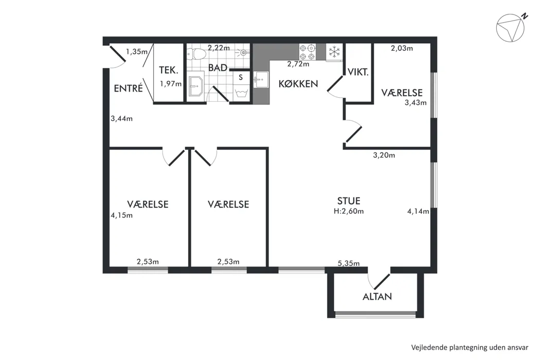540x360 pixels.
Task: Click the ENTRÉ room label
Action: coord(128,88)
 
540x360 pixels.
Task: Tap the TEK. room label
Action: coord(169,70)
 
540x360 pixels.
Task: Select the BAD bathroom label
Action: coord(218,67)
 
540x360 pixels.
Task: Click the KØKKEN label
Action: coord(298,84)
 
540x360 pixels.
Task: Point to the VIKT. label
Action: coord(358,73)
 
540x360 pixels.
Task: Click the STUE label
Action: coord(349,201)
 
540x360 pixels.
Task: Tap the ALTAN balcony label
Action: coord(377,296)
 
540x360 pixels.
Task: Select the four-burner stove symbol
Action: coord(307,52)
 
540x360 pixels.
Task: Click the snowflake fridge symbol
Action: coord(334,52)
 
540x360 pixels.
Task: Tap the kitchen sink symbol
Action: coord(261,80)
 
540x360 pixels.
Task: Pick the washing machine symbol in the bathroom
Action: coord(241,93)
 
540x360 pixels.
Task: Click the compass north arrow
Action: coord(510,28)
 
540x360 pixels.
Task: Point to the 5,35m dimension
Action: coord(349,263)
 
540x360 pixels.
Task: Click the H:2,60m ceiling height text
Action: coord(349,211)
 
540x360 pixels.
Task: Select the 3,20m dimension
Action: coord(384,155)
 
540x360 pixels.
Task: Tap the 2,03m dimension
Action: coord(402,48)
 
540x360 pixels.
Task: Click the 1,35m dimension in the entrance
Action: coord(137,51)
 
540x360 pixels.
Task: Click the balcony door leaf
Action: coord(382,282)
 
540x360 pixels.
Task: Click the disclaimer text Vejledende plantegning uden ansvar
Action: coord(470,347)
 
